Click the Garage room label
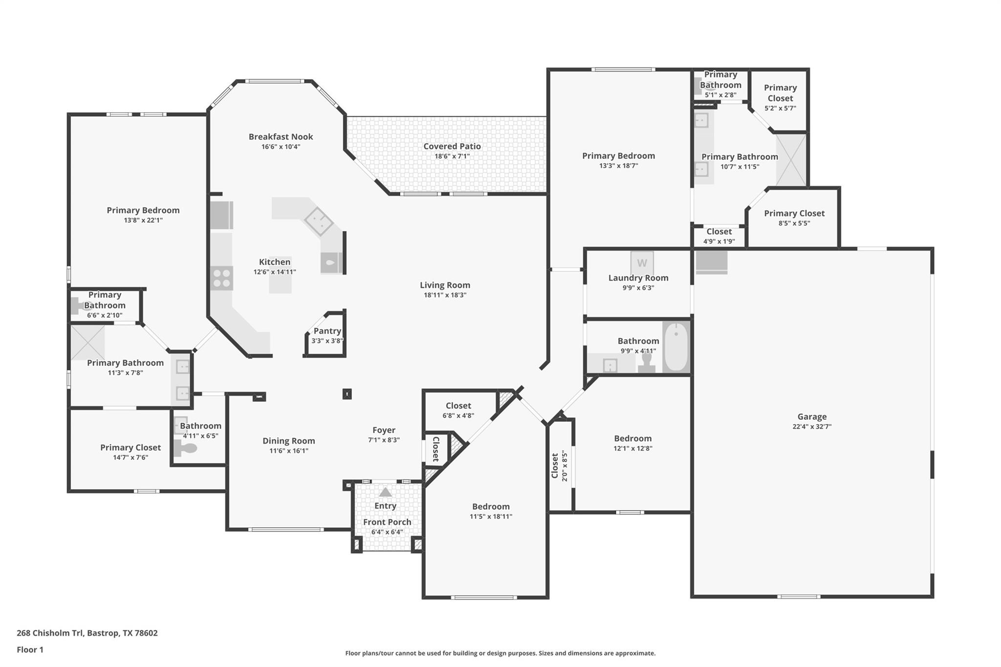pos(812,416)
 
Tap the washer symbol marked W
pos(642,263)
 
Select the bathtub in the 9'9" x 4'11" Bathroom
pos(676,347)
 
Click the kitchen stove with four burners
pos(221,278)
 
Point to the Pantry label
pos(327,331)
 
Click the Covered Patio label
pos(452,146)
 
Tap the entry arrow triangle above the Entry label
pos(385,492)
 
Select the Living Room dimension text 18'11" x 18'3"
pos(445,295)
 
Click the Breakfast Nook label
pos(281,137)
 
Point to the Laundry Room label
pos(638,278)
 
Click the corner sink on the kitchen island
pos(319,220)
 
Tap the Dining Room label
pos(288,441)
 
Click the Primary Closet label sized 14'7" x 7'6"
pos(131,448)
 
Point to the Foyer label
pos(384,430)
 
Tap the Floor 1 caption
pos(30,649)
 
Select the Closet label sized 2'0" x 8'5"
pos(555,466)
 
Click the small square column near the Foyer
pos(347,394)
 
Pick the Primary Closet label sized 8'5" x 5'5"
pos(794,213)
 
